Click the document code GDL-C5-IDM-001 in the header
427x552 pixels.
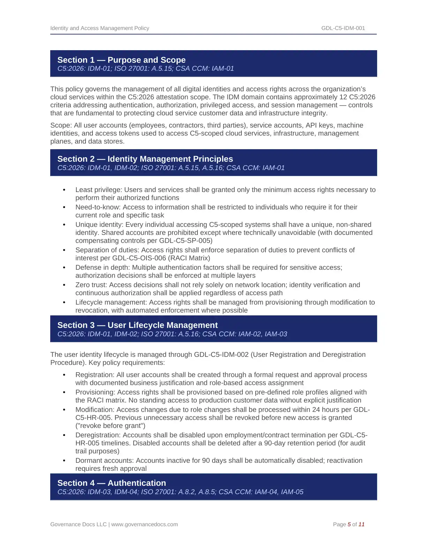(343, 28)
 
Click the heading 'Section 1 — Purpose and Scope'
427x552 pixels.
(121, 60)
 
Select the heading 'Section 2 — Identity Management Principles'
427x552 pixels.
(145, 159)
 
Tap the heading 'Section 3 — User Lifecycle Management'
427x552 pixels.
(137, 325)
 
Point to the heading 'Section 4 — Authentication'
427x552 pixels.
(112, 483)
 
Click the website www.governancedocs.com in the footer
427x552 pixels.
(144, 524)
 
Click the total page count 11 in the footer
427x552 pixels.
(361, 524)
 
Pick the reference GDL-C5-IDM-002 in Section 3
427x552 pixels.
(221, 355)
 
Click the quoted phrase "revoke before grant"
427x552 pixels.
(110, 426)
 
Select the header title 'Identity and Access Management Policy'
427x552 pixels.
(99, 28)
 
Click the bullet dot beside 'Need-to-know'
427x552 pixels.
(64, 207)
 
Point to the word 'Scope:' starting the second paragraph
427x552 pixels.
(61, 125)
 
